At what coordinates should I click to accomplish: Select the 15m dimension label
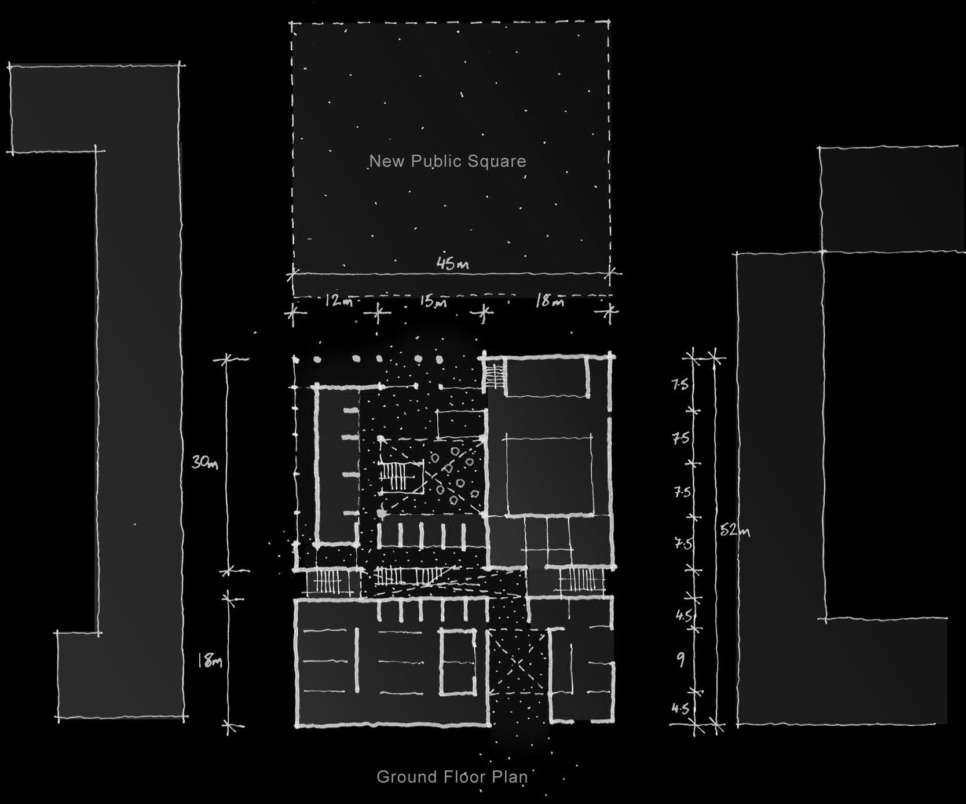[x=434, y=301]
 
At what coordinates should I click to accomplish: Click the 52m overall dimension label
[x=734, y=529]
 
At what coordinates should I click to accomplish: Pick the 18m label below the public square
[x=550, y=301]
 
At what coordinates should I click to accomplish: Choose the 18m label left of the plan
[x=210, y=660]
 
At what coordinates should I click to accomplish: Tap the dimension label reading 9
[x=682, y=659]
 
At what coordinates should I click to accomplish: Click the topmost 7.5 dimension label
[x=680, y=383]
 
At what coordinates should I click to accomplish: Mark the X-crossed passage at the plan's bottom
[x=517, y=666]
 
